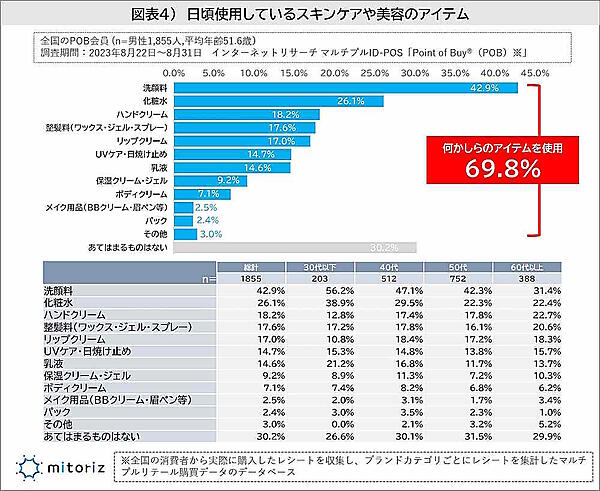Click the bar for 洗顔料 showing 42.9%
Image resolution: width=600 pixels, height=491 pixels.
click(x=345, y=89)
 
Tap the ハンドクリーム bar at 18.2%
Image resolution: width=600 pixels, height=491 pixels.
click(x=246, y=115)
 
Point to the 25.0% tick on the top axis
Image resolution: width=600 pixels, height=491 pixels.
click(x=373, y=73)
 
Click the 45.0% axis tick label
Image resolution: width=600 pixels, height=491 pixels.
click(x=534, y=73)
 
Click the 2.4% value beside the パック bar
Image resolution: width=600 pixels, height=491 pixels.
click(x=207, y=219)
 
